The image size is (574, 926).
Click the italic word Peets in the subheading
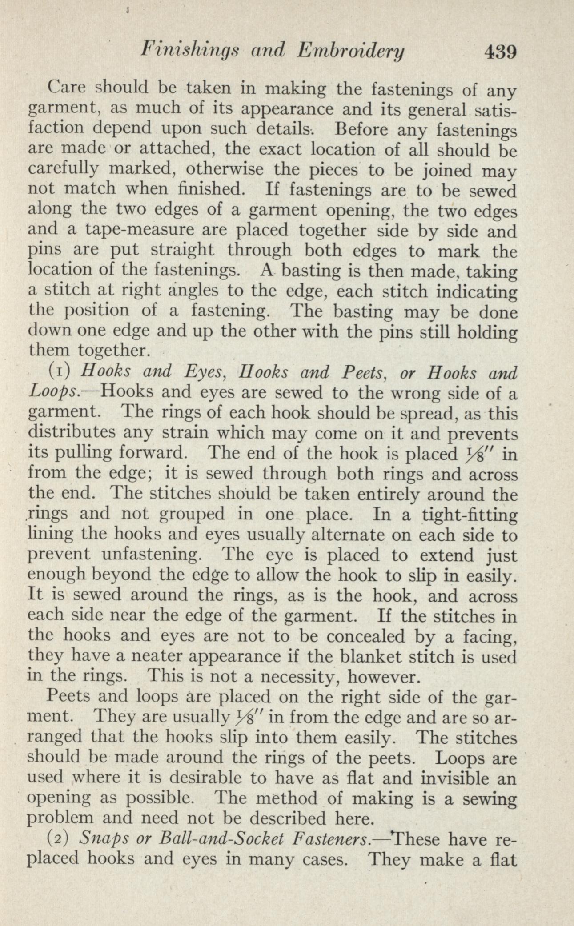[361, 371]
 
